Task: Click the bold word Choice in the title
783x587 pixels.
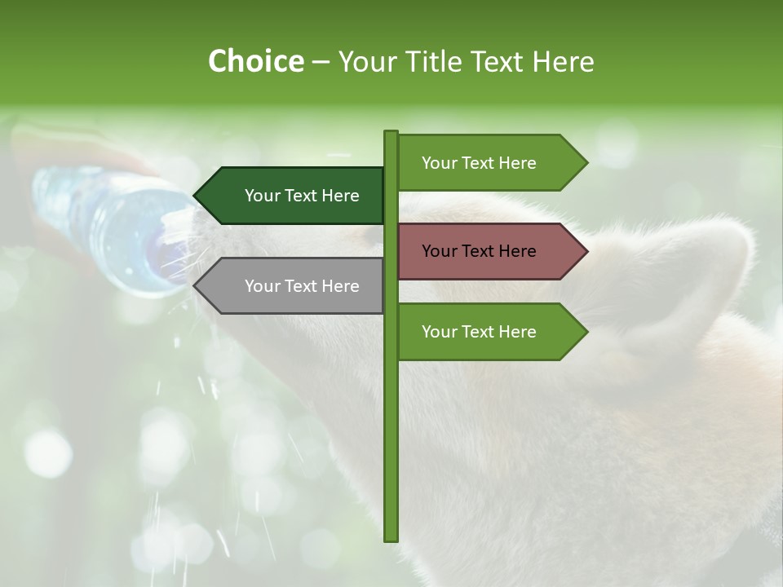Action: [x=255, y=62]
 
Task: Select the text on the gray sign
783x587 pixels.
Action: [x=302, y=286]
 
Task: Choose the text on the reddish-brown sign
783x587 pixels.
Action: [x=479, y=251]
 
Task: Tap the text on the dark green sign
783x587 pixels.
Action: [x=302, y=196]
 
